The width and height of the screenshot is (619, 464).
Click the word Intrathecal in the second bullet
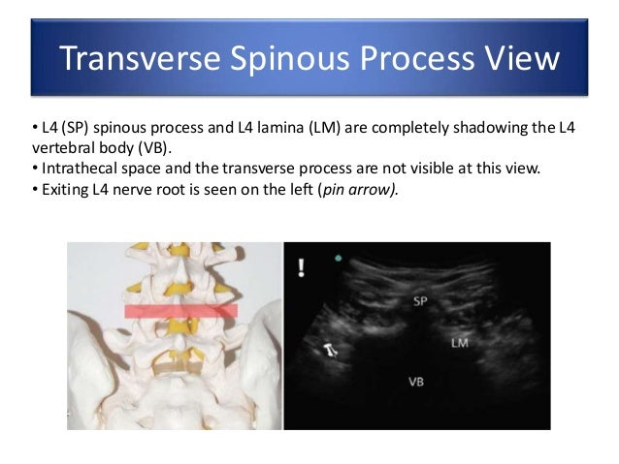(x=67, y=168)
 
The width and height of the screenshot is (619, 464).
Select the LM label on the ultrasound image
(x=459, y=343)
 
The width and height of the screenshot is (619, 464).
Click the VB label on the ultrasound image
(x=414, y=381)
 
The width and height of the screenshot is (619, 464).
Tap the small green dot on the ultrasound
(x=337, y=260)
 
